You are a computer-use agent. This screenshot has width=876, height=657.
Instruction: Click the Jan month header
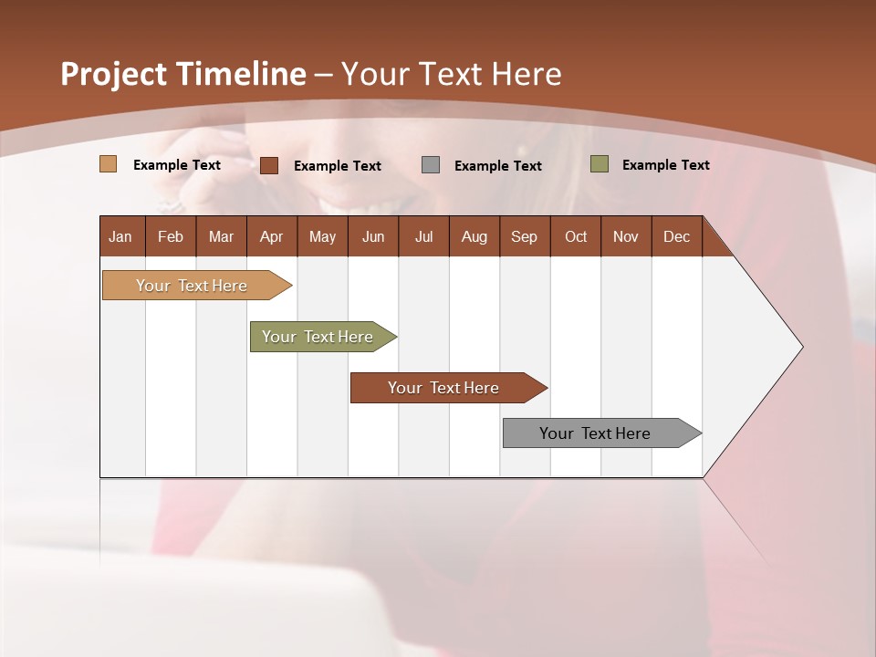[x=121, y=236]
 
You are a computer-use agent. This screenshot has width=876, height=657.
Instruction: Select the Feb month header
[x=171, y=236]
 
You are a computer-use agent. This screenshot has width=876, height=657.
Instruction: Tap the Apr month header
[x=272, y=236]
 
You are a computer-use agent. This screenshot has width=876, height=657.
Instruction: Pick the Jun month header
[x=373, y=236]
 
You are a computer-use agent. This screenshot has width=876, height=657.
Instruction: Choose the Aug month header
[x=474, y=236]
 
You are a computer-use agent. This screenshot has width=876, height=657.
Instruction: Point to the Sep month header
[x=525, y=236]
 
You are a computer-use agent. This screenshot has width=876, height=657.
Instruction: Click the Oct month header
[x=576, y=236]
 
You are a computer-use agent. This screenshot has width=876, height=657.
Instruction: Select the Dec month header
[x=677, y=236]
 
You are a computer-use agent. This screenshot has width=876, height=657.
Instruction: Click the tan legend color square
[x=109, y=164]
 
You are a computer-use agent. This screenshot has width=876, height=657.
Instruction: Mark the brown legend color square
[x=269, y=165]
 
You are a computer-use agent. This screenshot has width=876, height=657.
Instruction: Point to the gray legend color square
[x=431, y=165]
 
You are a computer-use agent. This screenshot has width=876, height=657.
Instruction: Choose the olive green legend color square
[x=600, y=164]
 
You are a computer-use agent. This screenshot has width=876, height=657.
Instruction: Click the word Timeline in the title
[x=241, y=74]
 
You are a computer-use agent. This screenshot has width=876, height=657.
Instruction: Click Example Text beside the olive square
[x=665, y=165]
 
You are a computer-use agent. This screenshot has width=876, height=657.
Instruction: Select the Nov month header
[x=626, y=236]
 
